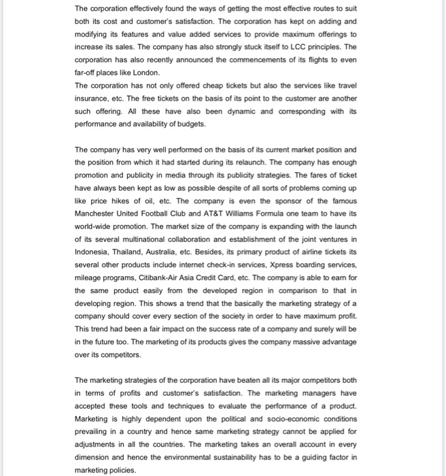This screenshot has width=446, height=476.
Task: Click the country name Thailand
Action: coord(138,252)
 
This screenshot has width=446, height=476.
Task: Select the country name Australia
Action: coord(180,252)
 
